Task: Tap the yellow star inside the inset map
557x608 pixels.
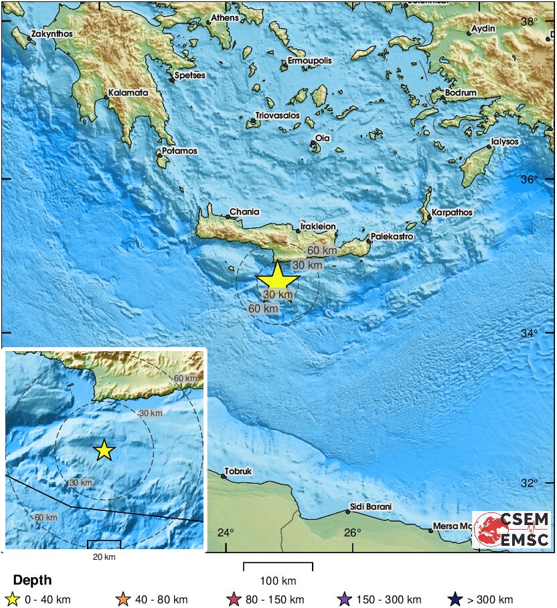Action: [x=104, y=450]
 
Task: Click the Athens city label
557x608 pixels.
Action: [x=225, y=17]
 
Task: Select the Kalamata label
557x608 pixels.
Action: [x=128, y=93]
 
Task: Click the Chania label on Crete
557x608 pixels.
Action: [x=244, y=212]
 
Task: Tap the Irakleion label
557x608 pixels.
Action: [x=318, y=227]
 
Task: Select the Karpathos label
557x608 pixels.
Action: [x=452, y=213]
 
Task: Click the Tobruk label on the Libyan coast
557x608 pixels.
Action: [x=238, y=472]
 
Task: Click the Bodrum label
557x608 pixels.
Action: [x=462, y=93]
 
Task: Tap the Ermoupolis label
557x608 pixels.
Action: [x=309, y=61]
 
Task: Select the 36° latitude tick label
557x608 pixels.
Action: [x=530, y=180]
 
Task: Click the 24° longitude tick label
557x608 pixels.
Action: [x=226, y=533]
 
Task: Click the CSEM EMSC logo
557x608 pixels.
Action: [x=512, y=529]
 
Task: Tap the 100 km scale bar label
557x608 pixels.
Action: [x=278, y=581]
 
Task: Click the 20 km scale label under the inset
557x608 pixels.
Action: [x=104, y=556]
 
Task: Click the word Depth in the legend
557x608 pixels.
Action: [x=32, y=581]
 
